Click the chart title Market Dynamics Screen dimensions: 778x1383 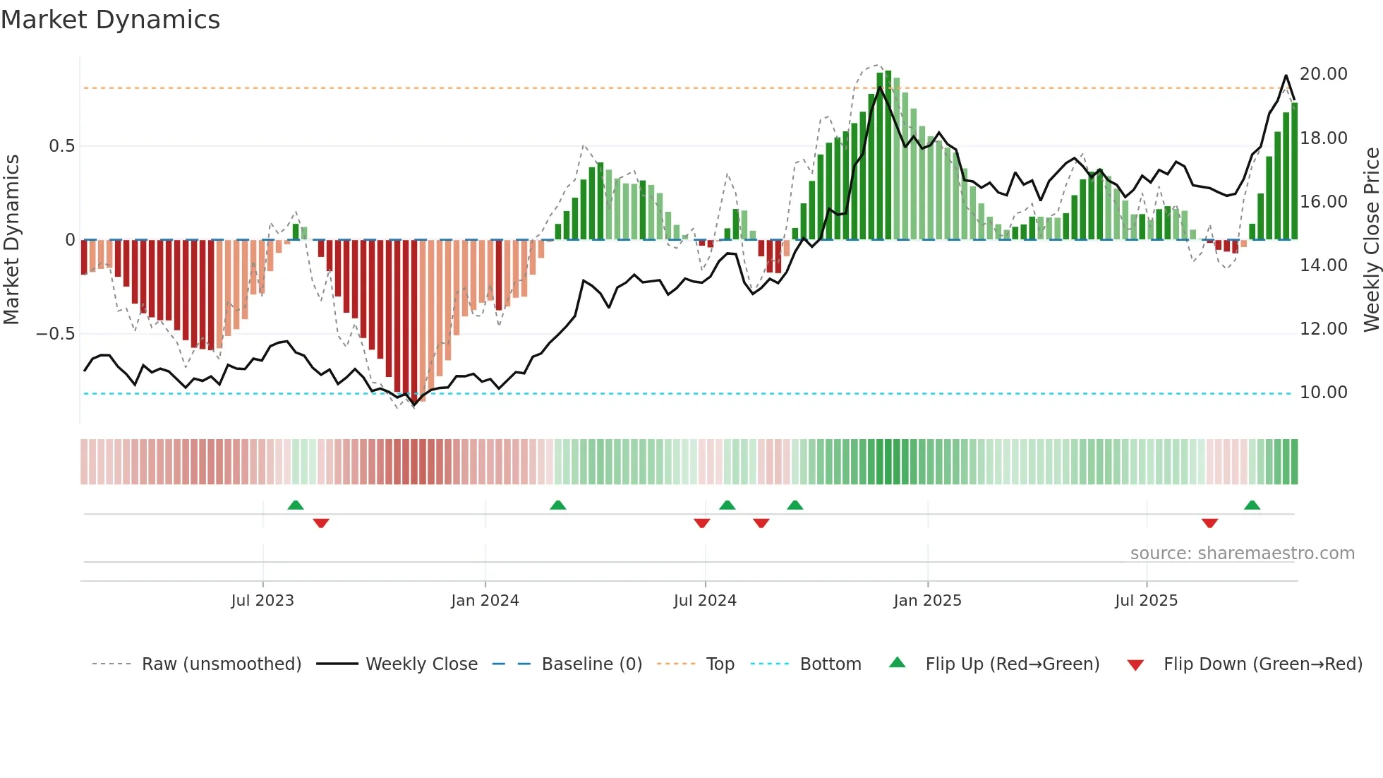click(x=110, y=20)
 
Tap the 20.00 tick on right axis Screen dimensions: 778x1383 click(x=1323, y=74)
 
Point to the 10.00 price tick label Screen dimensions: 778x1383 click(x=1323, y=393)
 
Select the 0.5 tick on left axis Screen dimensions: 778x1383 click(x=61, y=146)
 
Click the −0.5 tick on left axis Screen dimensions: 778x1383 click(x=56, y=334)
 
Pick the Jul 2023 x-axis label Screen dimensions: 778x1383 click(x=262, y=601)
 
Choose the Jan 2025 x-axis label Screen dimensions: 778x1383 click(x=927, y=601)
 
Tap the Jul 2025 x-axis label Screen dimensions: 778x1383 click(x=1146, y=601)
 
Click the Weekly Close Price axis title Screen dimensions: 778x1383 click(x=1371, y=240)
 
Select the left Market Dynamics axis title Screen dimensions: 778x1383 click(x=11, y=240)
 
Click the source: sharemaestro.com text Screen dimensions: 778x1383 click(x=1242, y=553)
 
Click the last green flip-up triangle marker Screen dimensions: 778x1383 click(x=1252, y=505)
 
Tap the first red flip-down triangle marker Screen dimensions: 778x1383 click(x=321, y=523)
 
